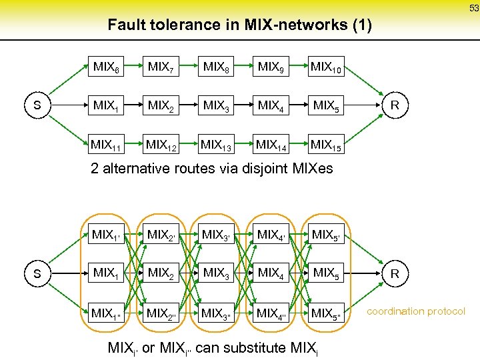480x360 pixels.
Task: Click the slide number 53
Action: pyautogui.click(x=473, y=8)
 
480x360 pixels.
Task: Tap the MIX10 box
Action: pyautogui.click(x=327, y=67)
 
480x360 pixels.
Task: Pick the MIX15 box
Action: pyautogui.click(x=327, y=144)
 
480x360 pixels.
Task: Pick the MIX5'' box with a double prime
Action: pyautogui.click(x=327, y=312)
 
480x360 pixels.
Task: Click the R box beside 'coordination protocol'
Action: pyautogui.click(x=395, y=273)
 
